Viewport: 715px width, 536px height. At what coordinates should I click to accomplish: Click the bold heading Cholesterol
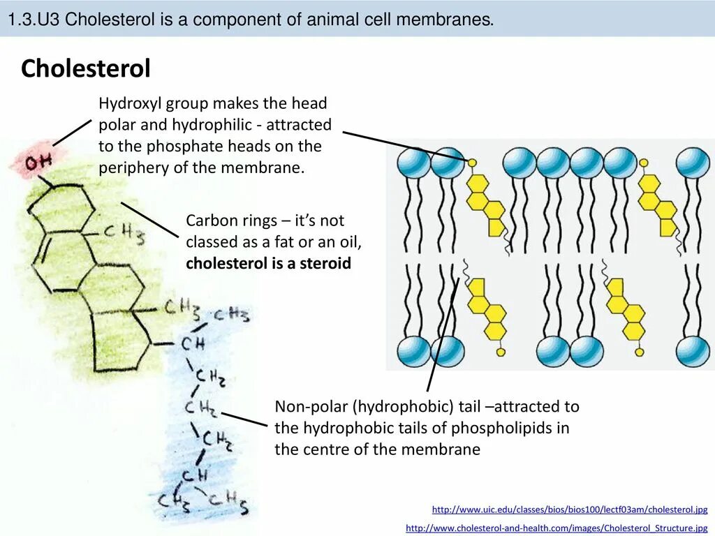tap(86, 69)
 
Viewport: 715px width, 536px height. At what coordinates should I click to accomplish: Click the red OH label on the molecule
tap(39, 162)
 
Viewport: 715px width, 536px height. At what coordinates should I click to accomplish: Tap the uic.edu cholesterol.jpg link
tap(570, 510)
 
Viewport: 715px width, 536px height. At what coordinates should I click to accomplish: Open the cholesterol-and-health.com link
tap(556, 528)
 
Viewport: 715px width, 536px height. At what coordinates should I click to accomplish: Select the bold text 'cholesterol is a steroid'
tap(269, 264)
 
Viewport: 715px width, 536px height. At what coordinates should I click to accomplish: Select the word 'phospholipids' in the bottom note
tap(519, 428)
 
